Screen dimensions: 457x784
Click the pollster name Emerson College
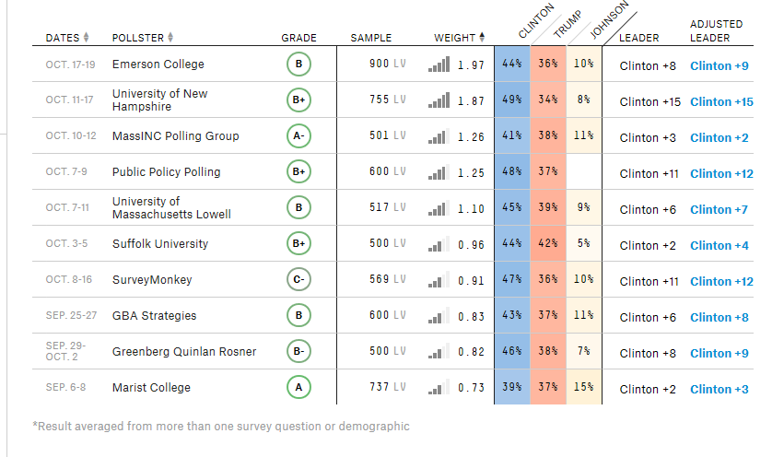pyautogui.click(x=158, y=64)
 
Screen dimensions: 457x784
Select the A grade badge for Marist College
pyautogui.click(x=298, y=388)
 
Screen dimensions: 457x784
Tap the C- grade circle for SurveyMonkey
pyautogui.click(x=298, y=280)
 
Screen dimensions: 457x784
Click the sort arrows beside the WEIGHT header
pyautogui.click(x=483, y=38)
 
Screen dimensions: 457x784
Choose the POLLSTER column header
pyautogui.click(x=137, y=38)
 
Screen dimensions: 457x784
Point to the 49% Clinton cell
pyautogui.click(x=511, y=100)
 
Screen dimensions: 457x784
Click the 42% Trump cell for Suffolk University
pyautogui.click(x=548, y=244)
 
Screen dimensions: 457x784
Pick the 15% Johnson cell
pyautogui.click(x=583, y=388)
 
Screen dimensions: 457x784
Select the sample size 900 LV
pyautogui.click(x=386, y=64)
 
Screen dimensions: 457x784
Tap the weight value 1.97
pyautogui.click(x=471, y=65)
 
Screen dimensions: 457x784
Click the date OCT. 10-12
pyautogui.click(x=71, y=136)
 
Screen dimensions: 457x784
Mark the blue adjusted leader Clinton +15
pyautogui.click(x=721, y=101)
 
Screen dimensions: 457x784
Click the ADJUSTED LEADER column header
pyautogui.click(x=716, y=30)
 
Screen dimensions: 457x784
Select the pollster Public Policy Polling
pyautogui.click(x=166, y=172)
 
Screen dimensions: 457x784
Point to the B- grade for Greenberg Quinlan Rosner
pyautogui.click(x=298, y=352)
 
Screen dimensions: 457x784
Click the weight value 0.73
pyautogui.click(x=471, y=388)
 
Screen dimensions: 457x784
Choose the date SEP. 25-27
pyautogui.click(x=71, y=316)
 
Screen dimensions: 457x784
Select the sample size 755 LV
pyautogui.click(x=386, y=100)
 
